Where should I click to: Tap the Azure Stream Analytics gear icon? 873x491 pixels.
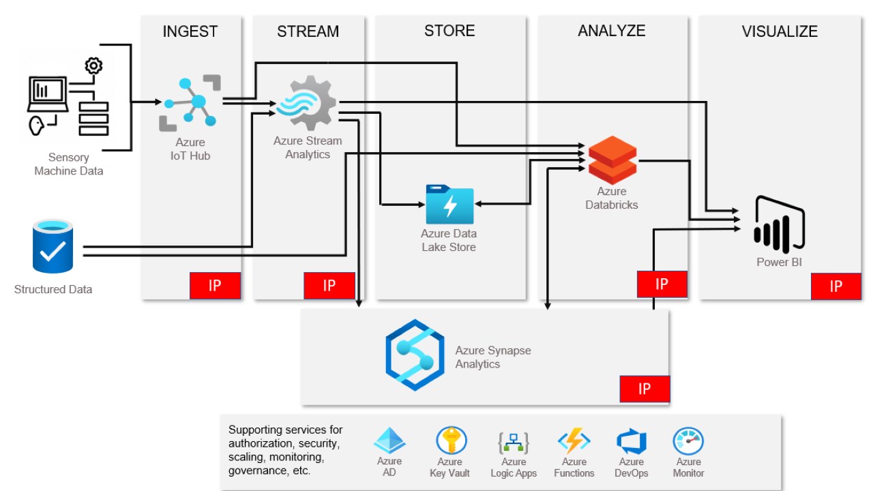click(306, 104)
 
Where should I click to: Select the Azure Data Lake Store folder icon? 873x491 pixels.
click(449, 204)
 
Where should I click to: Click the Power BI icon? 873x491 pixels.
click(779, 224)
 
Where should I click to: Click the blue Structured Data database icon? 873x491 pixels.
click(53, 246)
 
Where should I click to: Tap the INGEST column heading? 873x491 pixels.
click(190, 31)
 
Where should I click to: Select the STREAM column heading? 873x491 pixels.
click(308, 31)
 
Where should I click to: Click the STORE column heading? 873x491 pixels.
click(449, 31)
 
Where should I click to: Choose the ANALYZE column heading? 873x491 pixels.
click(611, 31)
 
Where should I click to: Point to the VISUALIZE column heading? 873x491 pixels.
click(780, 31)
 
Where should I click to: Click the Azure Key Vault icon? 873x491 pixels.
click(451, 441)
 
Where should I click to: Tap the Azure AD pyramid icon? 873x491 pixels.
click(389, 441)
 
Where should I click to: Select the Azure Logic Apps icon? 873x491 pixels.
click(514, 442)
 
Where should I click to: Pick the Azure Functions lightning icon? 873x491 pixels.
click(574, 441)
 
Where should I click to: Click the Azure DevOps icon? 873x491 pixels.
click(631, 441)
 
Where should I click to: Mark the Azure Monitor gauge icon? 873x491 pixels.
click(688, 441)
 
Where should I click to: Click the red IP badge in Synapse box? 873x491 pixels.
click(645, 389)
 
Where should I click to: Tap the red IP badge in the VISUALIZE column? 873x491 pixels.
click(835, 286)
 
